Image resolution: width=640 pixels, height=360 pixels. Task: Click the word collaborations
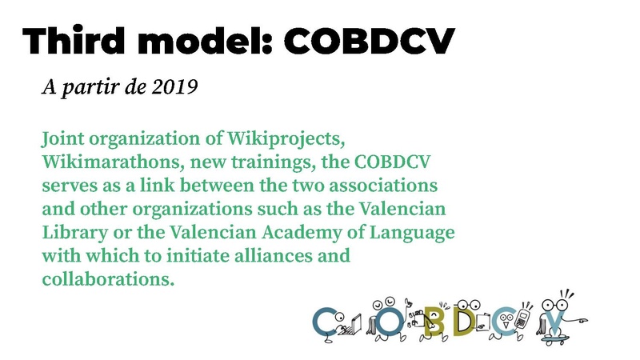pos(106,279)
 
